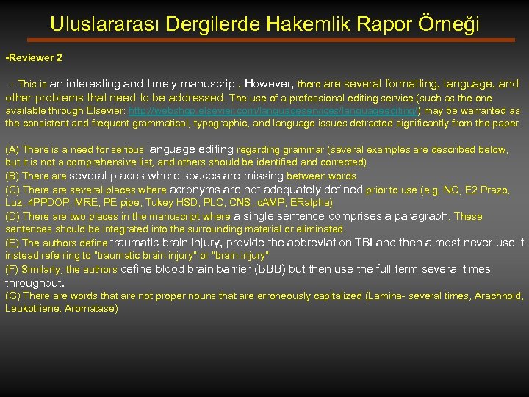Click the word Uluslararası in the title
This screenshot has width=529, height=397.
tap(105, 24)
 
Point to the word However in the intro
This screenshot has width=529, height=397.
tap(269, 85)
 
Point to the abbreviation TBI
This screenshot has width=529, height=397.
tap(364, 243)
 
